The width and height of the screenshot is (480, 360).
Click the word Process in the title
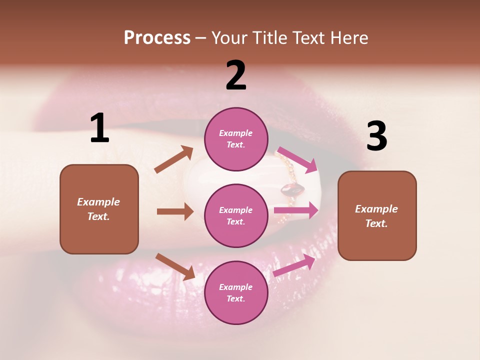tap(157, 38)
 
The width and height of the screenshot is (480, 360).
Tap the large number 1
tap(99, 128)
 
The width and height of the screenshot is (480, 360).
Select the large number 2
tap(236, 75)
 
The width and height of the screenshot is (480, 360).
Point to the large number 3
tap(376, 136)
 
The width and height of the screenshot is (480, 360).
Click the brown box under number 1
tap(99, 209)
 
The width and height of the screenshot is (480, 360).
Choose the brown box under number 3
tap(377, 215)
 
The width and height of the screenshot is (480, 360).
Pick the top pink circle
tap(236, 139)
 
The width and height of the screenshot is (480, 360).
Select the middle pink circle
tap(236, 215)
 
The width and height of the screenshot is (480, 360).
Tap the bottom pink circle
tap(236, 292)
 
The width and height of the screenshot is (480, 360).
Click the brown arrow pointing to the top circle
tap(174, 159)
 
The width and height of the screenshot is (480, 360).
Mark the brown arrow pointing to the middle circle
tap(175, 211)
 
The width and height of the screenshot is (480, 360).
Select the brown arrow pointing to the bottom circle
tap(175, 266)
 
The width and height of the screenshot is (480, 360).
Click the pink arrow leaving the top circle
tap(297, 159)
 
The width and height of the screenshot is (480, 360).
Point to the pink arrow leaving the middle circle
tap(296, 210)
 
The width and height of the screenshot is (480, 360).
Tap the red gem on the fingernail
tap(292, 189)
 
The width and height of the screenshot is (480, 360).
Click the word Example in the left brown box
tap(98, 202)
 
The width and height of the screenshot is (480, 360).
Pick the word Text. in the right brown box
tap(376, 223)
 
